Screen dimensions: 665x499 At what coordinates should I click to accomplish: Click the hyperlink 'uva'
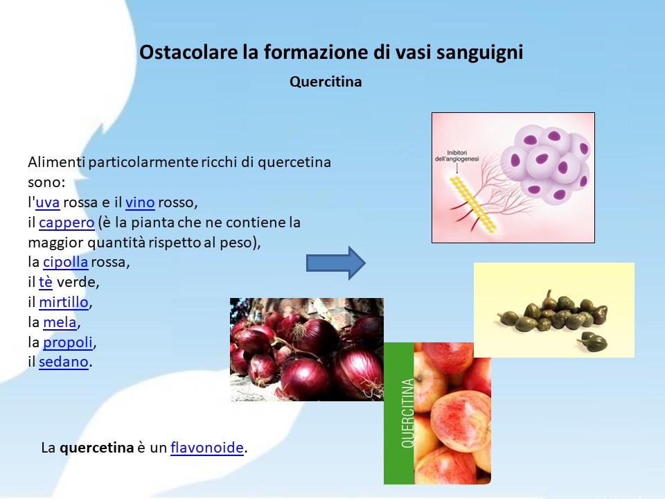[x=48, y=202]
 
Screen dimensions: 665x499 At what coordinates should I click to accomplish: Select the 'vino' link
[x=140, y=202]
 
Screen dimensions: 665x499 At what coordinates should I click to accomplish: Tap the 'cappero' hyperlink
[x=66, y=222]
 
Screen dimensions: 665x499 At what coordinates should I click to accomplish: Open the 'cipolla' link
[x=66, y=262]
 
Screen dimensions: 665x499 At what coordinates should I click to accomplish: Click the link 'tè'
[x=46, y=282]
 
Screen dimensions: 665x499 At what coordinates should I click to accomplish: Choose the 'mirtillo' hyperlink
[x=64, y=302]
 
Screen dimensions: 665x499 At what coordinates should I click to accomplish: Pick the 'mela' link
[x=60, y=322]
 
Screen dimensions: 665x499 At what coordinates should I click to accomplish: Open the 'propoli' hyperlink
[x=68, y=342]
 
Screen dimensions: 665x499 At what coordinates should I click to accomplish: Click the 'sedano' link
[x=64, y=362]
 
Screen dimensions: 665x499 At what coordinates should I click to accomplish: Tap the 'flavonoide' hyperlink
[x=207, y=448]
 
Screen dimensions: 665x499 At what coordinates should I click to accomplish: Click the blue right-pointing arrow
[x=336, y=263]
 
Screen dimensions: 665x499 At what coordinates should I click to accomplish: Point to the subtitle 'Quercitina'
[x=326, y=82]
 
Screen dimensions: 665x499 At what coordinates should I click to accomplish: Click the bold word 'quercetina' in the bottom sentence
[x=97, y=448]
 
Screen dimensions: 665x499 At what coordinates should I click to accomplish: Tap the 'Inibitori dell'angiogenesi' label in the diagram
[x=456, y=156]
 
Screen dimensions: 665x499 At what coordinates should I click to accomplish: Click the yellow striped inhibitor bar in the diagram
[x=473, y=204]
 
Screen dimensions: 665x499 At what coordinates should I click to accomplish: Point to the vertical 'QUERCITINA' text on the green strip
[x=407, y=413]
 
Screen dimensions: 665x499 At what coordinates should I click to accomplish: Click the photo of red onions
[x=307, y=349]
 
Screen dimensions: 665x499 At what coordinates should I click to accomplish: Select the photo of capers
[x=554, y=310]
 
